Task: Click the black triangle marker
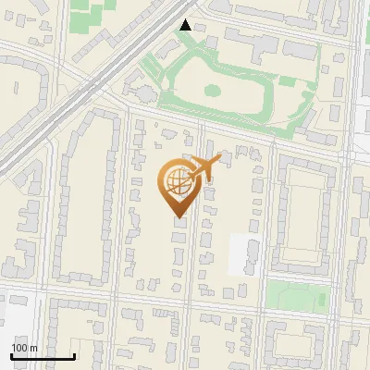click(187, 25)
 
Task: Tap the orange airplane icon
click(203, 167)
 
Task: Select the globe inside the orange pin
click(175, 183)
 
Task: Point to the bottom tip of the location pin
click(176, 218)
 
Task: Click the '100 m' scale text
click(23, 347)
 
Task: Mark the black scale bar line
click(43, 356)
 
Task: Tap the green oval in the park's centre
click(212, 91)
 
